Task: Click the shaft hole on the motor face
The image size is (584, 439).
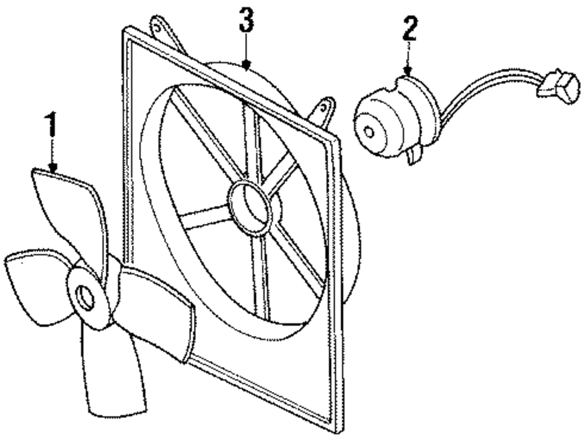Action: [369, 131]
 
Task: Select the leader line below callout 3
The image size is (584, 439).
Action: [247, 47]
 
